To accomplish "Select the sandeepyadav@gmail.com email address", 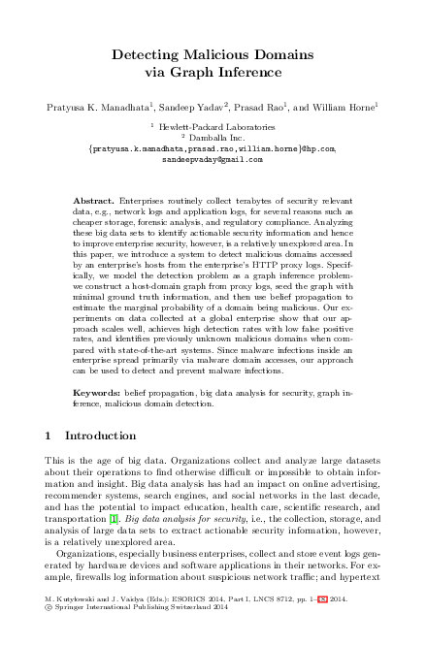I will pyautogui.click(x=212, y=158).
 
